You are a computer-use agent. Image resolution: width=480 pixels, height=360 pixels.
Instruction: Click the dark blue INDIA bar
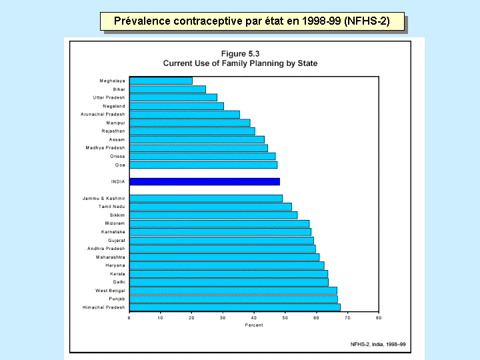[204, 181]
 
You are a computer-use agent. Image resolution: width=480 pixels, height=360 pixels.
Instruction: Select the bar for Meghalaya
[161, 81]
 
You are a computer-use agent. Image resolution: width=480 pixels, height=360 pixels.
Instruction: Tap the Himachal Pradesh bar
[235, 307]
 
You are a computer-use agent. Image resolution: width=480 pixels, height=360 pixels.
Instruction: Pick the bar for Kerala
[228, 274]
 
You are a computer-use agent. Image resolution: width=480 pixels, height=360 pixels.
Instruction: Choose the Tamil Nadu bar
[210, 207]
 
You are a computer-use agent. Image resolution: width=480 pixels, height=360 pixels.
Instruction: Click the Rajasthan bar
[192, 131]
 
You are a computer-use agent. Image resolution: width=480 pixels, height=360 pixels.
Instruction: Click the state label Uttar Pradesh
[109, 97]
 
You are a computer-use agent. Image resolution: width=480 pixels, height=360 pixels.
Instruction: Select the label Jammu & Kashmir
[103, 198]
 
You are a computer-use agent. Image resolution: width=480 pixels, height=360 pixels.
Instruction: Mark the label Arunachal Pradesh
[103, 114]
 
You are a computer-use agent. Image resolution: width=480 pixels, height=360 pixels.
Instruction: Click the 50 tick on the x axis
[285, 318]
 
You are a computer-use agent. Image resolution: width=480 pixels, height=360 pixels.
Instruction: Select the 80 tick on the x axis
[378, 318]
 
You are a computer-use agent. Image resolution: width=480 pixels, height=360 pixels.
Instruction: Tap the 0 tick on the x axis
[129, 318]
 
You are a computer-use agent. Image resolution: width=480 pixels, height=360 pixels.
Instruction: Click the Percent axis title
[253, 325]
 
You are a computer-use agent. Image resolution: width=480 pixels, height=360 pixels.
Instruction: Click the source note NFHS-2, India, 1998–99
[378, 343]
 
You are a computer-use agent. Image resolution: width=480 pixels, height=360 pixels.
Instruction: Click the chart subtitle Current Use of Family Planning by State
[240, 63]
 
